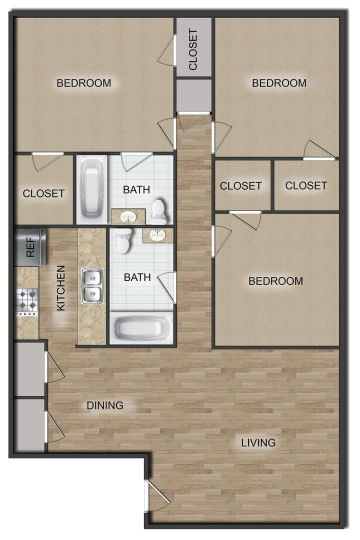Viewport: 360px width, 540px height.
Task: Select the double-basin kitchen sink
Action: tap(92, 286)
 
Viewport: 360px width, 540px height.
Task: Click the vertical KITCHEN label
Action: tap(61, 288)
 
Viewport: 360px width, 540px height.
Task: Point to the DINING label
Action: tap(104, 406)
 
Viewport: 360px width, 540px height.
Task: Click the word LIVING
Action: tap(258, 442)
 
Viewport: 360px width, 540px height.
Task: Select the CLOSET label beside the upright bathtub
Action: tap(43, 192)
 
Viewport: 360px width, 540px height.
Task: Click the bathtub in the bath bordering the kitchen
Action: tap(141, 328)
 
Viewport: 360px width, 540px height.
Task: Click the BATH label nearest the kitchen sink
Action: tap(137, 277)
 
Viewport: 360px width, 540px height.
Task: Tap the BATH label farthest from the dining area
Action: tap(137, 189)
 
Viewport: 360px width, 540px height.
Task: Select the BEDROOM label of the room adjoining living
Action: tap(275, 281)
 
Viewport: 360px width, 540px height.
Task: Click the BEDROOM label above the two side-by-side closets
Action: tap(279, 83)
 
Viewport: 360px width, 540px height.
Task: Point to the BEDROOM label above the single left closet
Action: tap(83, 83)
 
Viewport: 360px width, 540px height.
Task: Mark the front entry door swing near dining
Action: tap(155, 496)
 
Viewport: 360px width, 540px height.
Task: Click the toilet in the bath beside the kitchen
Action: tap(123, 242)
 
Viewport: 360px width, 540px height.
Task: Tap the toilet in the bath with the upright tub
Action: tap(160, 210)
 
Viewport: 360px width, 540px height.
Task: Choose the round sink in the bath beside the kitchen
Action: tap(156, 236)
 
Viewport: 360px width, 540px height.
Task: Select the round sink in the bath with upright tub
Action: tap(128, 216)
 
